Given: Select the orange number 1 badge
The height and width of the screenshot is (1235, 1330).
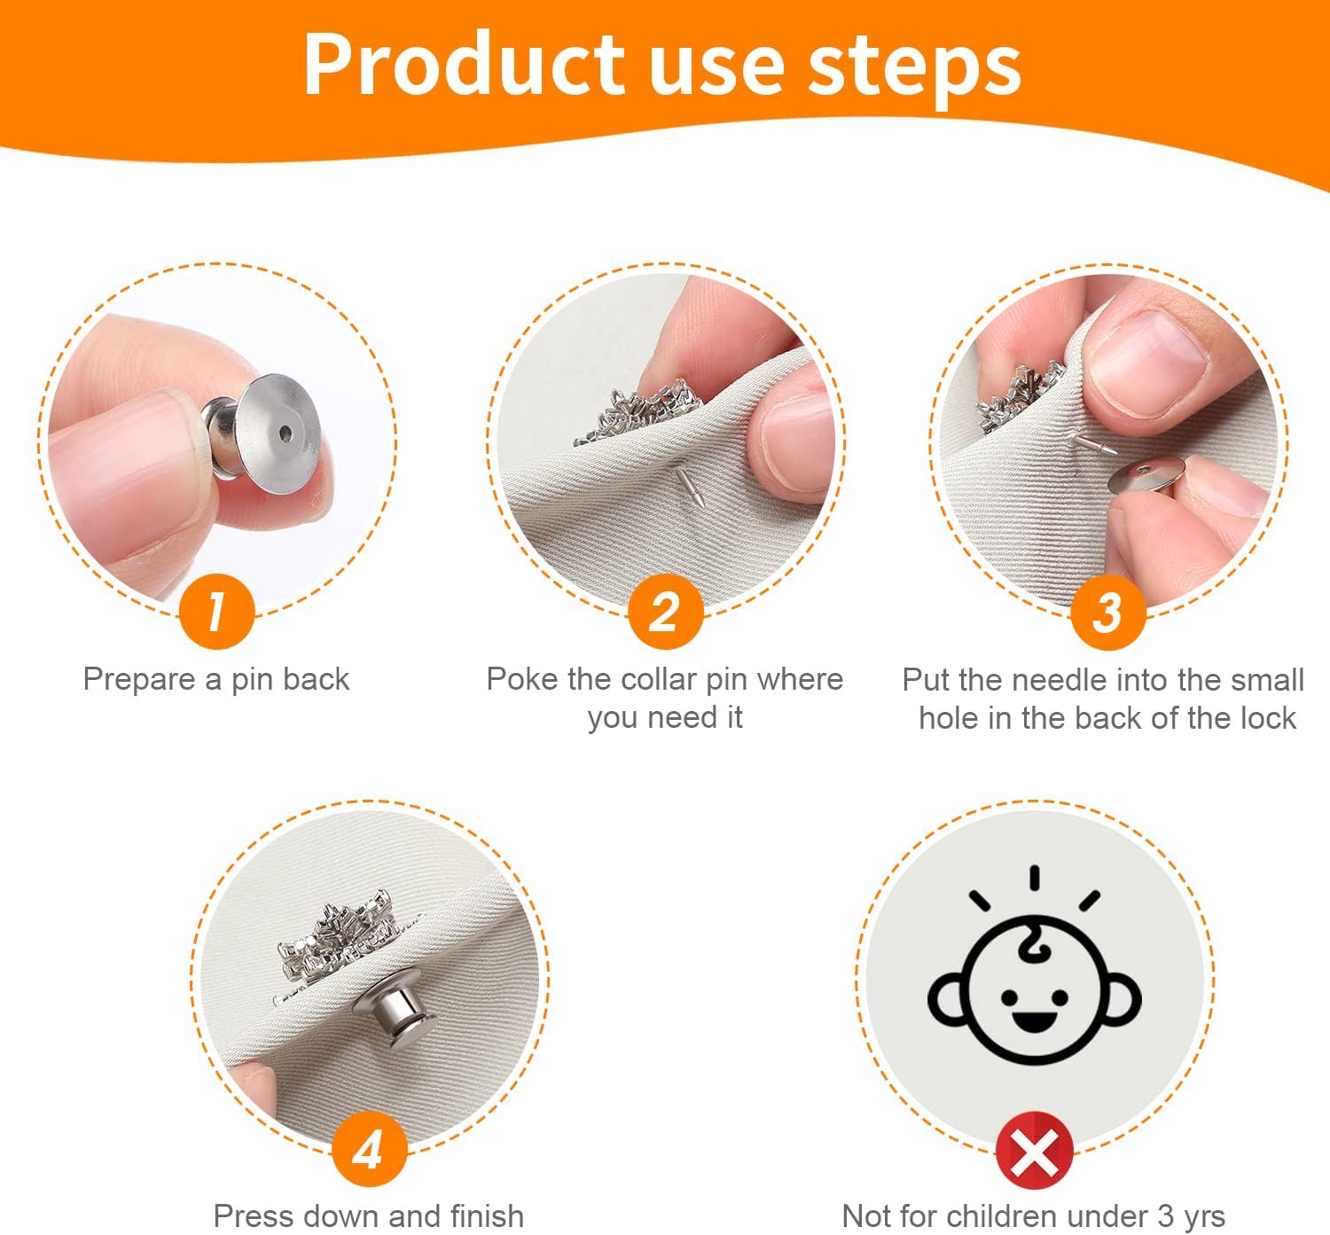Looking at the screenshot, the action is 216,611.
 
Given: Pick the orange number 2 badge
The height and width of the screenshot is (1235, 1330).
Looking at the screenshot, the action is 665,611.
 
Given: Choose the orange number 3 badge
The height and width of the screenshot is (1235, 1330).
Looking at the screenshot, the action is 1108,612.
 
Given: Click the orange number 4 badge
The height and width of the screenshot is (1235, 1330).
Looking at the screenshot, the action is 369,1149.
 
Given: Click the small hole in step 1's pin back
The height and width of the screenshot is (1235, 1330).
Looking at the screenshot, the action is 286,434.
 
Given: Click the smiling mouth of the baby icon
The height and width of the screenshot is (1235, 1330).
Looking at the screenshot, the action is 1034,1021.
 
